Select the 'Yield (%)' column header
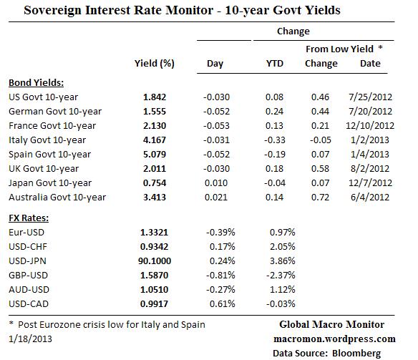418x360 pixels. point(154,64)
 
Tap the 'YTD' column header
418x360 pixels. point(274,64)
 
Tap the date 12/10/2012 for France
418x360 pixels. point(370,125)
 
